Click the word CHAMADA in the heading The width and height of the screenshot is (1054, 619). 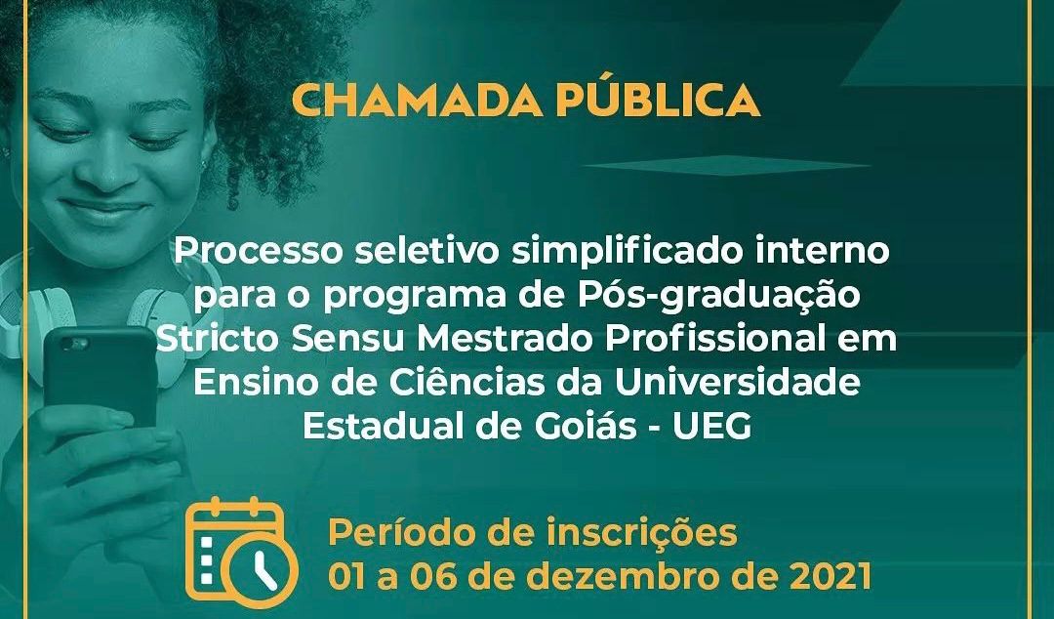pos(417,102)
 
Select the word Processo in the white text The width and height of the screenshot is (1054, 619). pos(258,251)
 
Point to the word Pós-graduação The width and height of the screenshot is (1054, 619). pos(717,296)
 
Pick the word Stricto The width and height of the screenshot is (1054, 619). pos(219,340)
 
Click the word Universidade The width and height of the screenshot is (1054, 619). pos(738,383)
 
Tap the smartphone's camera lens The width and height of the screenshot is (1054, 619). pos(74,345)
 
